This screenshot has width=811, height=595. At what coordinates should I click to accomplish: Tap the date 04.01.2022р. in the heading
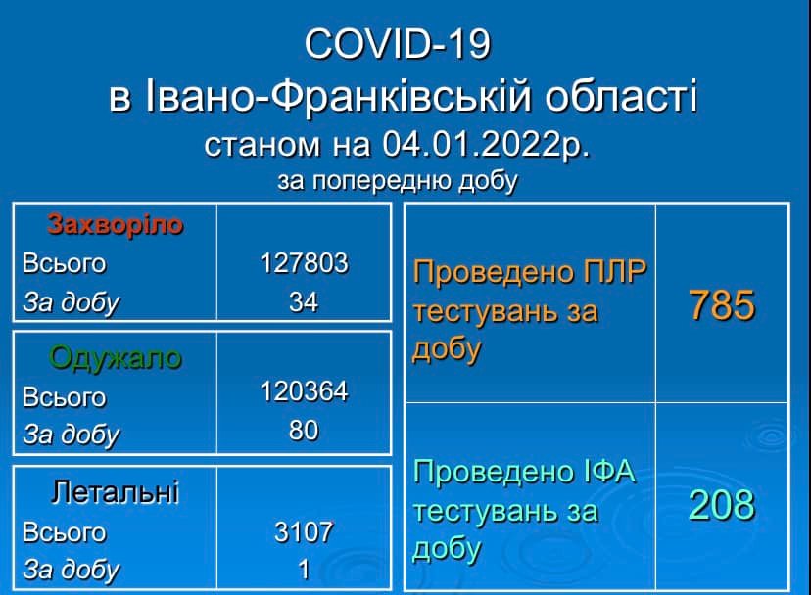486,144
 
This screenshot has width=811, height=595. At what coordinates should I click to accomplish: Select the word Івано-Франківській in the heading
338,96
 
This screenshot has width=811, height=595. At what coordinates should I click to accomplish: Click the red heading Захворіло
116,225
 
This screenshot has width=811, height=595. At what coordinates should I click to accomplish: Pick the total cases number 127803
304,262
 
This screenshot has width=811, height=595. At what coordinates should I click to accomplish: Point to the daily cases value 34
304,302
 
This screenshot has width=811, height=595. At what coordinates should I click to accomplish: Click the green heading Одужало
116,358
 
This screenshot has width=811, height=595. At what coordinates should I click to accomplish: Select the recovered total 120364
304,391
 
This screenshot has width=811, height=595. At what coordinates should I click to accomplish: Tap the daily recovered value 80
304,431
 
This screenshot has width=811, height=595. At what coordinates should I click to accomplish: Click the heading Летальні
116,491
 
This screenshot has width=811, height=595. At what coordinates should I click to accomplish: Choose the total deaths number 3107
304,532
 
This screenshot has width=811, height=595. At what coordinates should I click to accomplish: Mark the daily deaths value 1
304,570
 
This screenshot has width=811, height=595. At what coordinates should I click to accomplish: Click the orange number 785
722,305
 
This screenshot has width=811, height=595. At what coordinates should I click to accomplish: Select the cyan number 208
722,505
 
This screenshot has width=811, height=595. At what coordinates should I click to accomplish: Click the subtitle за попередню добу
398,181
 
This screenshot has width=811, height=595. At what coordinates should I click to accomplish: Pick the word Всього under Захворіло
64,263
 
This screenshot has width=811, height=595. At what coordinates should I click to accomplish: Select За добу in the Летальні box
71,570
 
